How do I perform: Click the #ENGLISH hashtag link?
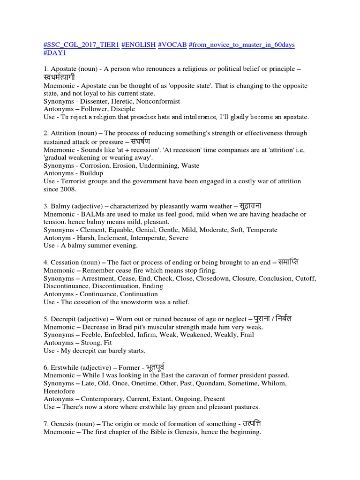(x=139, y=45)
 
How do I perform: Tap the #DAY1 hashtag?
(x=55, y=53)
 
